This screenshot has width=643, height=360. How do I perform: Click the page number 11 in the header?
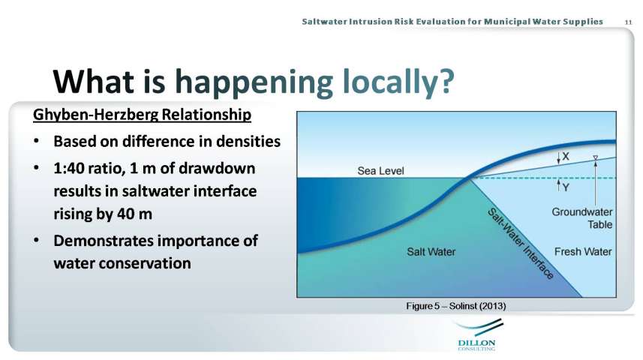click(628, 22)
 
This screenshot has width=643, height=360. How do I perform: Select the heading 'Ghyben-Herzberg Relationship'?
click(142, 115)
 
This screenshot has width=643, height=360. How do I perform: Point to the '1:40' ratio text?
click(68, 168)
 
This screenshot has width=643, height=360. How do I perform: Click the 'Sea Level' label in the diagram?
click(380, 170)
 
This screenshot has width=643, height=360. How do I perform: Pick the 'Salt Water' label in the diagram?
click(431, 251)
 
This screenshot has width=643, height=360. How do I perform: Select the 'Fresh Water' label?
click(583, 251)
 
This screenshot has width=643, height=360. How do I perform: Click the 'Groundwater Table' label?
click(582, 218)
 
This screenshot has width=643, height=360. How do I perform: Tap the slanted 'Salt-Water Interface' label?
click(521, 244)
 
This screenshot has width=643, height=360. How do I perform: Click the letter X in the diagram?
click(566, 156)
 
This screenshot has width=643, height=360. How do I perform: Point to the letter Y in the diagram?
click(566, 187)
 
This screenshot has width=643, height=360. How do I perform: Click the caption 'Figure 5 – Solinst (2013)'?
click(456, 306)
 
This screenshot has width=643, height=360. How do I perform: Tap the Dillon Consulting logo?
click(477, 336)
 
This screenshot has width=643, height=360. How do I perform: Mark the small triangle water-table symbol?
click(596, 157)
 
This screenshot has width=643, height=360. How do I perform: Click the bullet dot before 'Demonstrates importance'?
click(37, 240)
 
